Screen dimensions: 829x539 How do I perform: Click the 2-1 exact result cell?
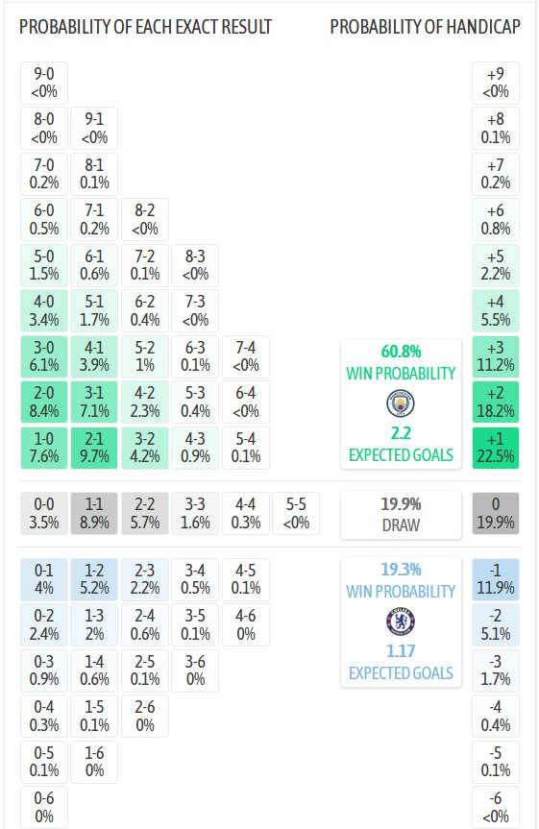coord(94,449)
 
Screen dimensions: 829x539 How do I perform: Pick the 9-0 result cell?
coord(44,84)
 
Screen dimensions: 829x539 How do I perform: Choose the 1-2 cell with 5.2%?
coord(94,579)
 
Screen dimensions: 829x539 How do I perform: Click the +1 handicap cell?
coord(496,449)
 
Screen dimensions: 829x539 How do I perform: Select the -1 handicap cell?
coord(496,579)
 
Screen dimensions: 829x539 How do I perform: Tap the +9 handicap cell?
coord(496,84)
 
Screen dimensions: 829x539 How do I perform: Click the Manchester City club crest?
coord(401,401)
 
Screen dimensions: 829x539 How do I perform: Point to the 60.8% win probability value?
coord(401,352)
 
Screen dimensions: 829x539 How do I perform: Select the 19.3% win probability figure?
coord(401,569)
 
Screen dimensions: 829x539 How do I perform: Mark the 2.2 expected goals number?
coord(401,433)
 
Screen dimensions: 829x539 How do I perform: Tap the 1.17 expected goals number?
coord(401,651)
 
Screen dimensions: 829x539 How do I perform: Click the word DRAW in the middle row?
coord(401,525)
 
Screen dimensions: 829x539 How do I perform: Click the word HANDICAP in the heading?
coord(483,27)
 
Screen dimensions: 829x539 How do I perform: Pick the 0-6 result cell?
coord(44,806)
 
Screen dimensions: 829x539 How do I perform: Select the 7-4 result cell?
coord(245,356)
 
